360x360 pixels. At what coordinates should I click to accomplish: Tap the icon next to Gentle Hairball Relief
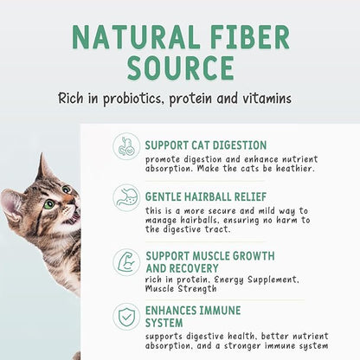(x=126, y=198)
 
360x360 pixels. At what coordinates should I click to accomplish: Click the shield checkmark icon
(x=126, y=318)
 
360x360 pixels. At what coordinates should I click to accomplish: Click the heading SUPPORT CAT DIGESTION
(x=206, y=145)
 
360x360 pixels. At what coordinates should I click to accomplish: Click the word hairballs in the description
(x=214, y=221)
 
